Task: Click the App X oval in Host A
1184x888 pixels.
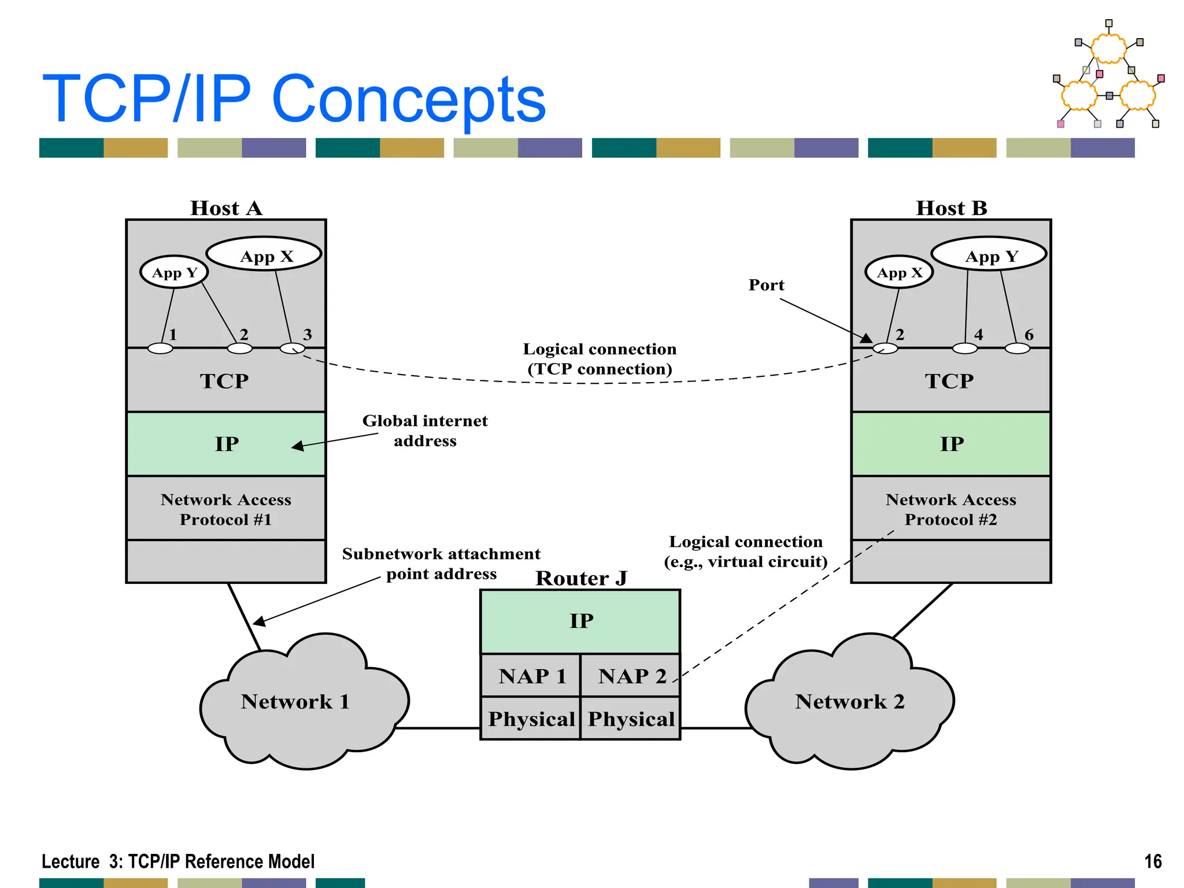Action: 264,254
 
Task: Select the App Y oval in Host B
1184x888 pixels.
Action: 989,254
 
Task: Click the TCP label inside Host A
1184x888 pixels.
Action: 225,381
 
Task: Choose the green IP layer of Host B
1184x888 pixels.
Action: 951,444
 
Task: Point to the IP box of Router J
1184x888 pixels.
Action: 580,621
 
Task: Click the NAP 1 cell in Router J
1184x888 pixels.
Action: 531,676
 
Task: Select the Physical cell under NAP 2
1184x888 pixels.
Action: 631,719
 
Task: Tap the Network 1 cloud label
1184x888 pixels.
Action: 295,701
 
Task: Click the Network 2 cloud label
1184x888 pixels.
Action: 849,701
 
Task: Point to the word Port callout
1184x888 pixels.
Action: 766,285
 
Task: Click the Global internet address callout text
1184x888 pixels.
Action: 425,431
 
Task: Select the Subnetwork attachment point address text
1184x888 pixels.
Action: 441,564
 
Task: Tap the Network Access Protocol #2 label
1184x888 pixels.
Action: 951,509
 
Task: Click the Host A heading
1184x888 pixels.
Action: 226,208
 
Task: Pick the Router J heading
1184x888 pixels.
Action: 581,578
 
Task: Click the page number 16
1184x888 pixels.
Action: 1153,861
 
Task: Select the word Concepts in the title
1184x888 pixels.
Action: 408,99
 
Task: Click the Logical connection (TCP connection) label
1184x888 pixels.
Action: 600,359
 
